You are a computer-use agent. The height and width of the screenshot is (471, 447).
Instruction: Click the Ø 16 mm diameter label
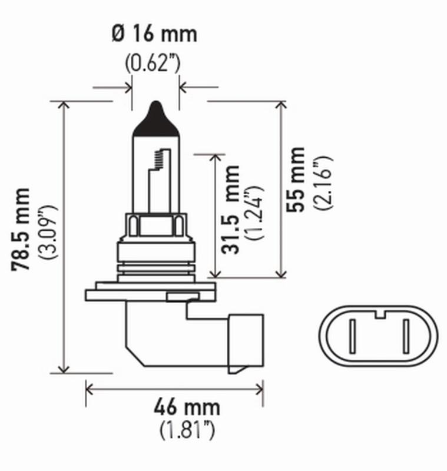pos(154,34)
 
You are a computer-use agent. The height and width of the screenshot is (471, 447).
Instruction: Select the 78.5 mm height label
pos(22,230)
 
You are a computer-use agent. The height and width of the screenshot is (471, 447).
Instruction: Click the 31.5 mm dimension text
pos(231,210)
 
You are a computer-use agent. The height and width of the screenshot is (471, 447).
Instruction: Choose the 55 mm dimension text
pos(296,179)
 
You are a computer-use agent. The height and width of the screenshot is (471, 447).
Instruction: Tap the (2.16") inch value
pos(322,183)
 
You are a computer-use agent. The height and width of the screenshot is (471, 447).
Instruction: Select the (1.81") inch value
pos(187,431)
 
